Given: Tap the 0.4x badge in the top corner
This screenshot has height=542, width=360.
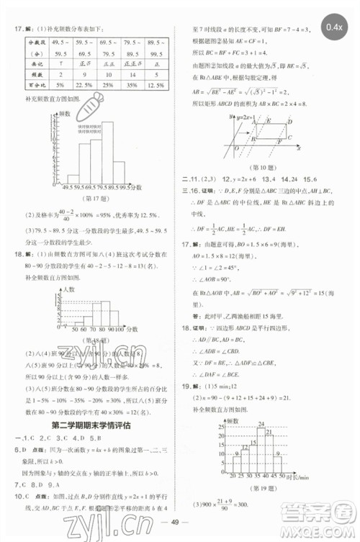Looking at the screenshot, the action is pyautogui.click(x=333, y=28).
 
